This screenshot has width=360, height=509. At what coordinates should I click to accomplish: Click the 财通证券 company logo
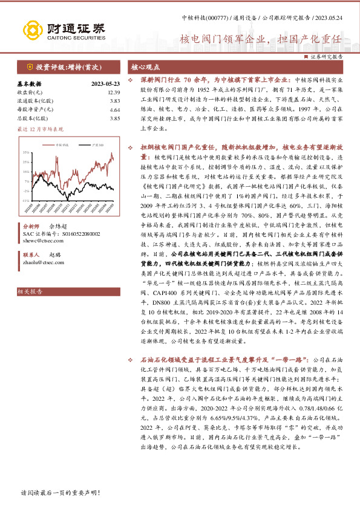click(64, 28)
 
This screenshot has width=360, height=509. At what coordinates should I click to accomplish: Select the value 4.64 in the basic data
click(115, 110)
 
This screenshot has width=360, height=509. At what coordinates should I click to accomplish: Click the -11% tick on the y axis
click(25, 200)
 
